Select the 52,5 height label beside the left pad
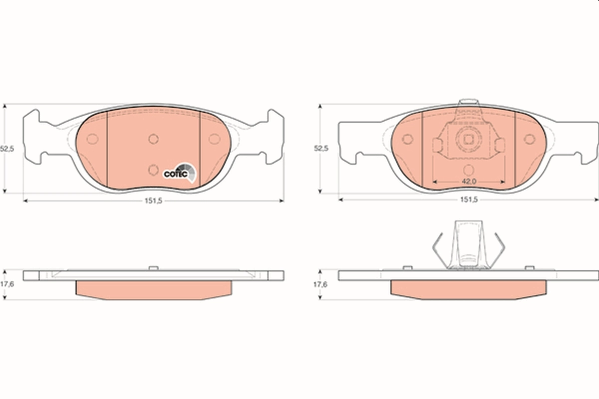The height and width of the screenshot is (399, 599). click(6, 149)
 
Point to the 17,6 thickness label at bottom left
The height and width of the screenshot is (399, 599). click(6, 285)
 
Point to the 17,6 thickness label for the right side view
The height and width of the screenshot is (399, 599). click(320, 285)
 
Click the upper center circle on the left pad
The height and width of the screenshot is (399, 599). click(153, 139)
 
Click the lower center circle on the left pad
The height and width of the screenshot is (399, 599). click(153, 170)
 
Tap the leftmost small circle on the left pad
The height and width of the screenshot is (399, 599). click(92, 139)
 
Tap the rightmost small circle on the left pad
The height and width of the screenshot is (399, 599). click(214, 139)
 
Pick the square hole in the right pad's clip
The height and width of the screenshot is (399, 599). click(468, 140)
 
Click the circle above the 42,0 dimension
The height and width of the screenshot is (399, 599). click(468, 169)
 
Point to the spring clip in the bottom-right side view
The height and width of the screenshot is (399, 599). click(468, 247)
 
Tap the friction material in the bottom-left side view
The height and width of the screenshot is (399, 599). click(153, 290)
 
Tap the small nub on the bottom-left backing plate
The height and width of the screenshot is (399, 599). click(153, 268)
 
